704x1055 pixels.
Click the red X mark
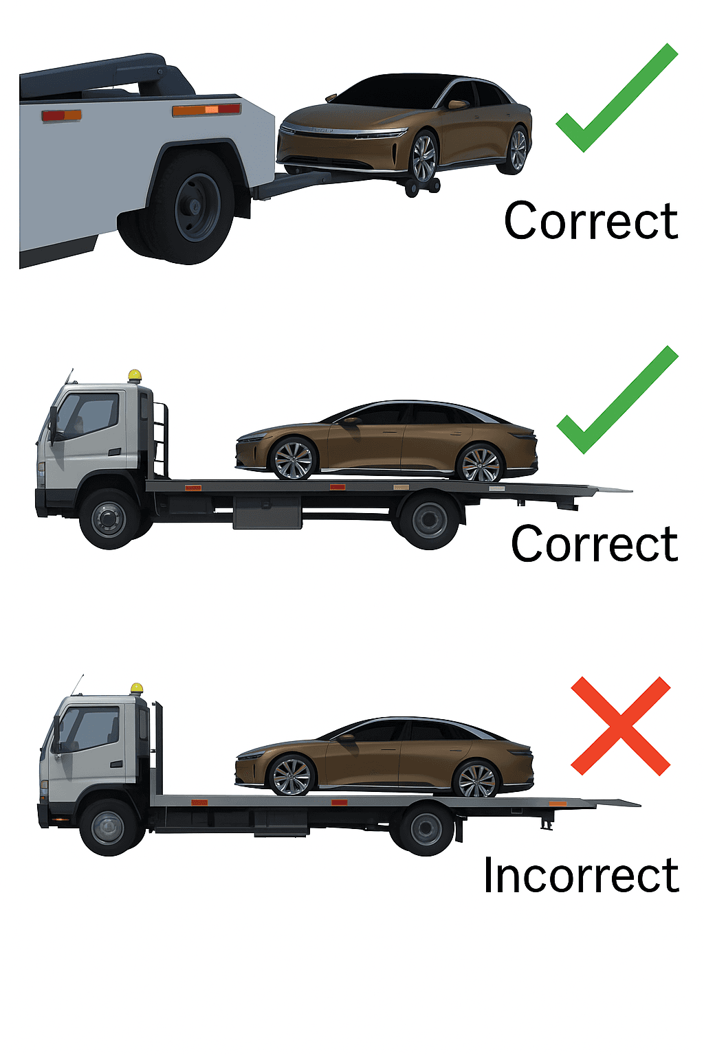click(x=620, y=726)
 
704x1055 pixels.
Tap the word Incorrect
click(x=581, y=874)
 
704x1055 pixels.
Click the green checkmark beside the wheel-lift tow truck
click(x=617, y=98)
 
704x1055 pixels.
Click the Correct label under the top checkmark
click(x=591, y=220)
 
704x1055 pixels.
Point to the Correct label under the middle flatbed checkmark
click(x=594, y=543)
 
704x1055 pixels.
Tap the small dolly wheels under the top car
click(x=422, y=187)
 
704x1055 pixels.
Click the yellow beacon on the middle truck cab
click(x=135, y=376)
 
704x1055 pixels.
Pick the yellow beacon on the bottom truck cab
click(x=137, y=688)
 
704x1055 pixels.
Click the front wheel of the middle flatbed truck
click(x=110, y=519)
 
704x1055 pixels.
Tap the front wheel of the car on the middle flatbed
click(x=292, y=460)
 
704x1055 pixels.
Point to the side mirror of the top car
click(x=456, y=104)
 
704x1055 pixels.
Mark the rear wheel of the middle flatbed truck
click(x=429, y=520)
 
